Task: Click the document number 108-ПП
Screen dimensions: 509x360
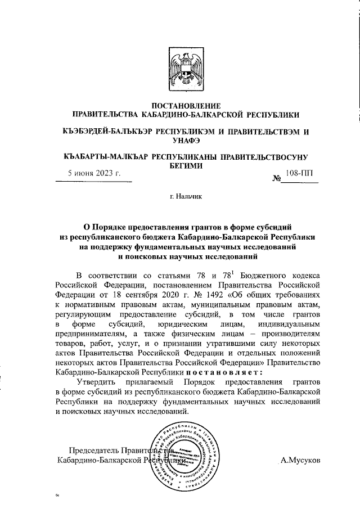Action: (x=298, y=174)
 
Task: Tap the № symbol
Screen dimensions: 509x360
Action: (x=277, y=179)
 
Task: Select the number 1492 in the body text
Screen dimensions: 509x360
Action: (x=211, y=295)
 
